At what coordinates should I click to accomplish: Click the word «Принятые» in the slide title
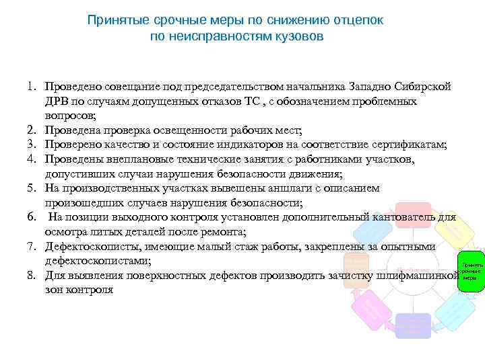[112, 21]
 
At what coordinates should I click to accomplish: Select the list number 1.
[32, 87]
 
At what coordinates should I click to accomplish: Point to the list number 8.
[32, 276]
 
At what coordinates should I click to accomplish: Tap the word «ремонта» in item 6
[226, 232]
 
